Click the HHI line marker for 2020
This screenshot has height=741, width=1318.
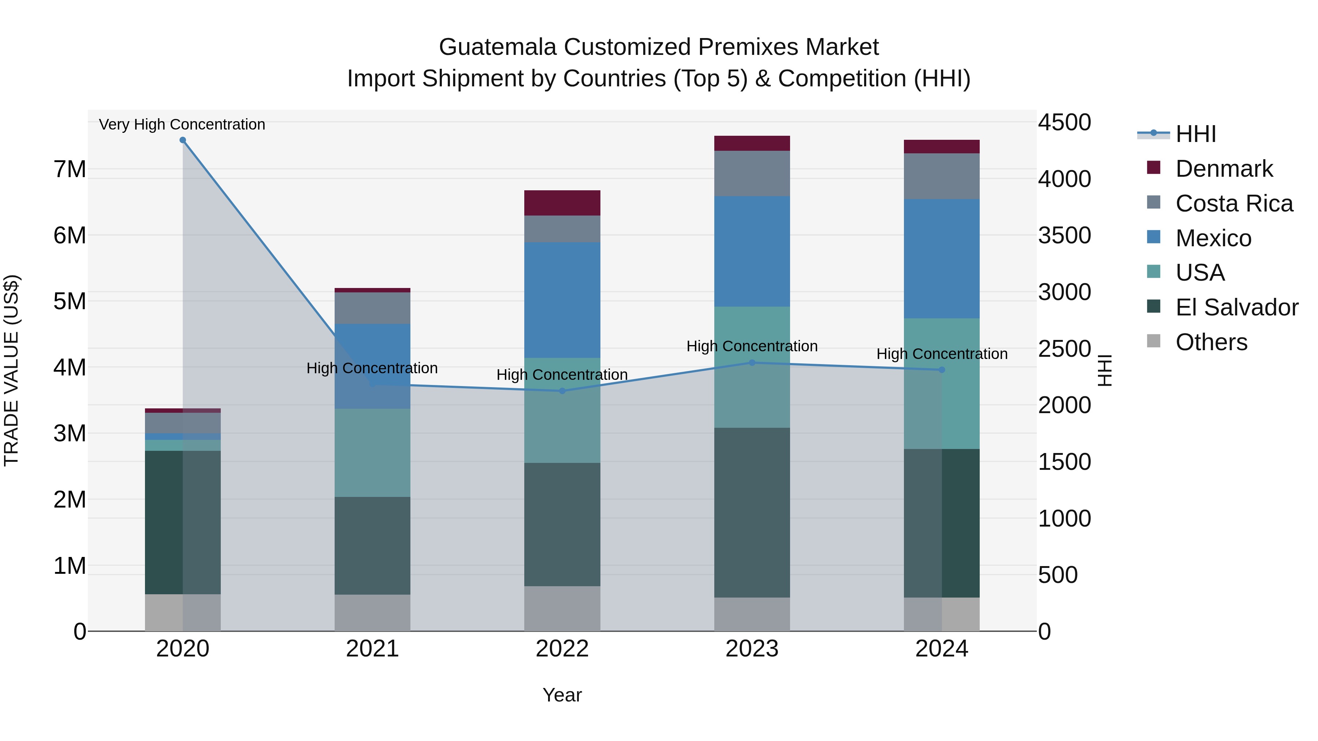tap(183, 140)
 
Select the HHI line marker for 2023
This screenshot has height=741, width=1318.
tap(752, 363)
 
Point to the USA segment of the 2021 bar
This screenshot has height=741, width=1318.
tap(372, 453)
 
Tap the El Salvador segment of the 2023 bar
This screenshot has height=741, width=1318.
tap(752, 512)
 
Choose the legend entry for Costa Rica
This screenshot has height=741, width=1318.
tap(1233, 203)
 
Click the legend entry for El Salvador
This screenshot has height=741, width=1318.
tap(1236, 307)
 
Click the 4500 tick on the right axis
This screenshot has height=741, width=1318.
tap(1064, 123)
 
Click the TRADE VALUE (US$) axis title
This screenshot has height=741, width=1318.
tap(11, 370)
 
